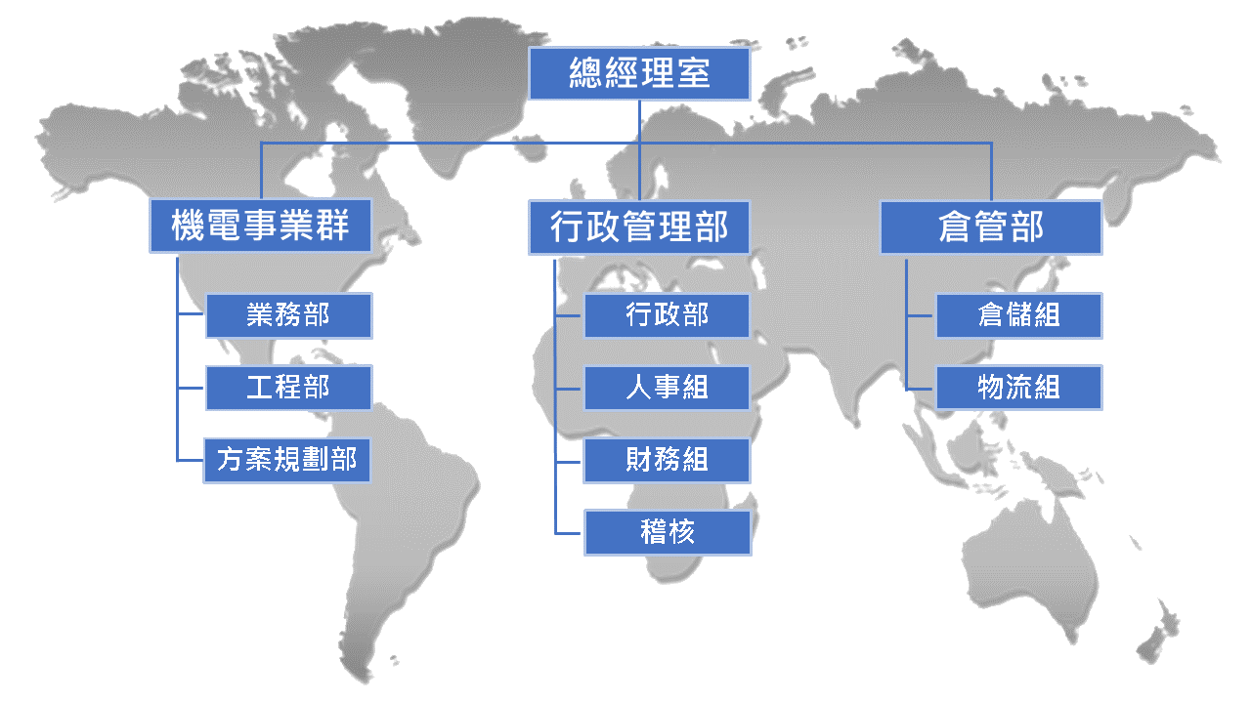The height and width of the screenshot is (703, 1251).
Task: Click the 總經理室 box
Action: click(x=639, y=73)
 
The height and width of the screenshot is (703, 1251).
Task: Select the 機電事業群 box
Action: click(x=260, y=227)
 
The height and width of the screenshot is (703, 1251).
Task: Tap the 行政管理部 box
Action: click(x=639, y=227)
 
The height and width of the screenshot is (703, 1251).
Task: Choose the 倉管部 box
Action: click(x=991, y=227)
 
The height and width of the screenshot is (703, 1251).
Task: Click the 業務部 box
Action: click(x=288, y=315)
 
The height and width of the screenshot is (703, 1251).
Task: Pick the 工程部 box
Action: click(x=288, y=388)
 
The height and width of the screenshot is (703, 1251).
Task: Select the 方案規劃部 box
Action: click(x=287, y=460)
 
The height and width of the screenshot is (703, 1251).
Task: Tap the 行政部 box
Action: click(x=667, y=315)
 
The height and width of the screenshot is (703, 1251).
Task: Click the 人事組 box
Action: click(x=667, y=388)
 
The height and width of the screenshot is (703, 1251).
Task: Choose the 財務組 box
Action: click(x=667, y=460)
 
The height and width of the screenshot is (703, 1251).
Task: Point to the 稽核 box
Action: click(x=667, y=532)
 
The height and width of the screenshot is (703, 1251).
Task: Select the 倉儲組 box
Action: click(x=1019, y=315)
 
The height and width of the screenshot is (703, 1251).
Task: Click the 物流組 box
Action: click(x=1019, y=388)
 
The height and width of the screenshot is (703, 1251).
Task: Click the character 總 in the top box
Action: click(x=586, y=73)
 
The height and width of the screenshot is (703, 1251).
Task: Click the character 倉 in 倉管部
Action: click(x=956, y=227)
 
